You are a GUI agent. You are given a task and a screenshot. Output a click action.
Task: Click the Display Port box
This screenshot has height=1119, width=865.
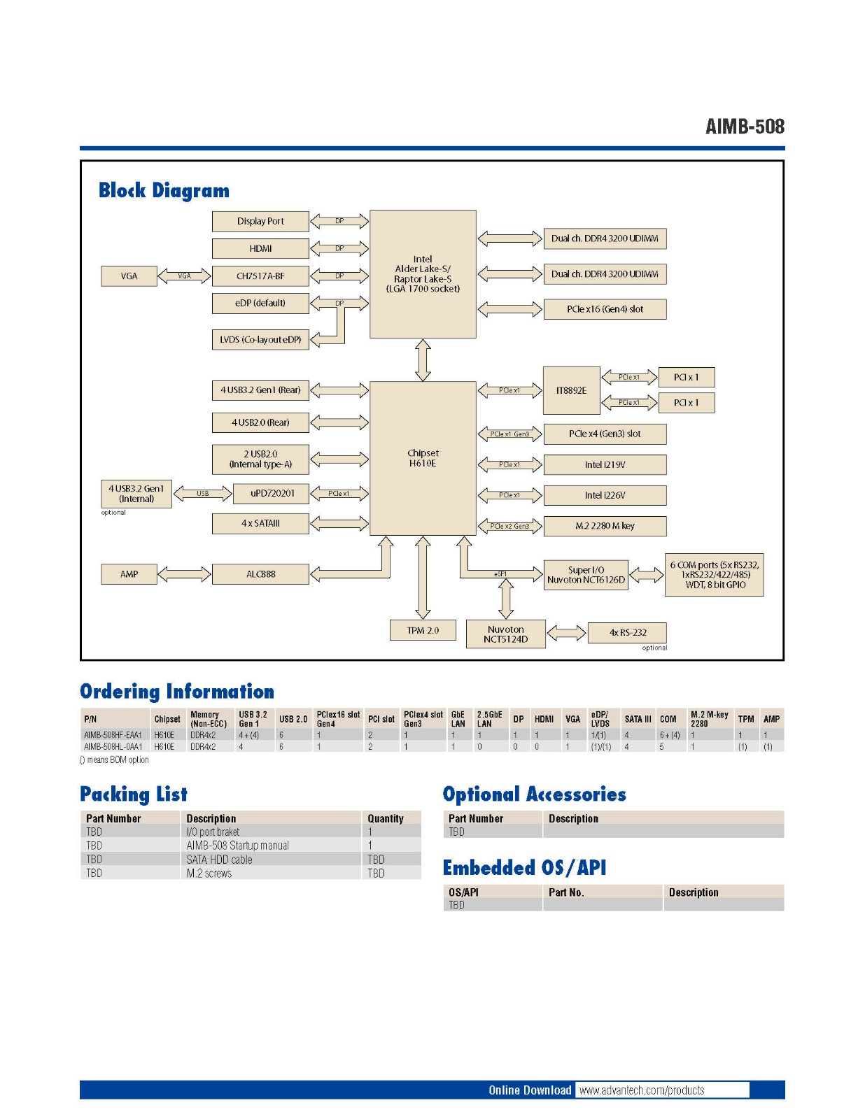coord(260,221)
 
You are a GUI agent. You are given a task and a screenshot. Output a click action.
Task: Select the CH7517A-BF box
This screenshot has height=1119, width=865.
coord(260,276)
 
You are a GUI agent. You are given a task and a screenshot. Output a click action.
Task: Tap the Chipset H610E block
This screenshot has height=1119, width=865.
coord(423,458)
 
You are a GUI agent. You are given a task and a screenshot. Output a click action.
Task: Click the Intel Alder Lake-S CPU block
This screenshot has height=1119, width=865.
coord(423,273)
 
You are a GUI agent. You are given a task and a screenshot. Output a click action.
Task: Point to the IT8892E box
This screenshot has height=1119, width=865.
coord(571,390)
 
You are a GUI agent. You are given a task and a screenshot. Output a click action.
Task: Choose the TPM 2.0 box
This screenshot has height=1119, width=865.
coord(423,630)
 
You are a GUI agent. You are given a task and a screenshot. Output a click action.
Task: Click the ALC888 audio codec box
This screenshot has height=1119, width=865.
coord(260,574)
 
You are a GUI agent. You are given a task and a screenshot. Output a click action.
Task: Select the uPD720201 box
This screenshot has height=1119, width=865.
coord(272,493)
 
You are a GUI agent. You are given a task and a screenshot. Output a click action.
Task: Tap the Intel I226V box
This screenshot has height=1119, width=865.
coord(605,495)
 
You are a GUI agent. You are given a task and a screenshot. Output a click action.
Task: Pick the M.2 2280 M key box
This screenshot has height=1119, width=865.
coord(605,526)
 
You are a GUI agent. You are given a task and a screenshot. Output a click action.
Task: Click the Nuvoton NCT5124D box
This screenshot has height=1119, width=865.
coord(505,634)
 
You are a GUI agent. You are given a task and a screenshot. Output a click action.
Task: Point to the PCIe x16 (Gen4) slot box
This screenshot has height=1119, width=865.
coord(605,309)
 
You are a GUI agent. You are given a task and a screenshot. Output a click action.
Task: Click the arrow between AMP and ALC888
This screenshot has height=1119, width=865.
coord(184,574)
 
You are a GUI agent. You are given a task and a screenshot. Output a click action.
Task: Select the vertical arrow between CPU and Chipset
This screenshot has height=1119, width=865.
coord(423,360)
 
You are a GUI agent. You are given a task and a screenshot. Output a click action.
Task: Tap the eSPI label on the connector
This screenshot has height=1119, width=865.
coord(500,574)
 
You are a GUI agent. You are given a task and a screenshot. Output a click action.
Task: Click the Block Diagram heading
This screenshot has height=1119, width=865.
coord(164,190)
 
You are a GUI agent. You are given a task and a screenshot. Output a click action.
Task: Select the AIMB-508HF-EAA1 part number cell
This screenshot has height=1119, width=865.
coord(113,735)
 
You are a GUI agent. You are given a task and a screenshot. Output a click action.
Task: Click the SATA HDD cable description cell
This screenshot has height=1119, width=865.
coord(219,860)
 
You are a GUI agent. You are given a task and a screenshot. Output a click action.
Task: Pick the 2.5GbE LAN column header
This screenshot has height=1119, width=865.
coord(489,719)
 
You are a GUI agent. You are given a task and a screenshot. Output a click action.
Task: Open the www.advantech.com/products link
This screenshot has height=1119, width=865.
coord(642,1090)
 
